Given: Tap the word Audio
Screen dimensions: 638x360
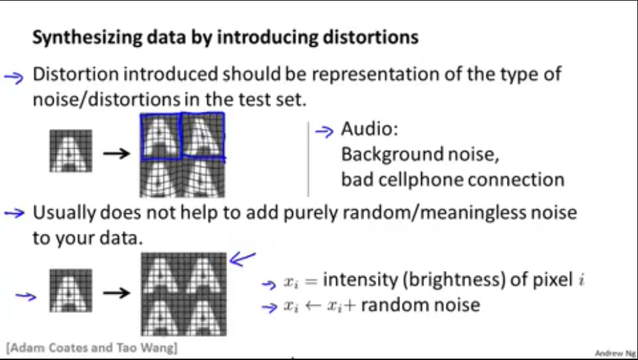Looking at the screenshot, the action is [369, 130].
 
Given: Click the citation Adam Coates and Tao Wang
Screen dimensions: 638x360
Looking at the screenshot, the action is [92, 348].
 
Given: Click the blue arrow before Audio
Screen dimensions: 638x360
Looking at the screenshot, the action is [323, 130].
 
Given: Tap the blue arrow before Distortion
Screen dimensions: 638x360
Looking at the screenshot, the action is [14, 76].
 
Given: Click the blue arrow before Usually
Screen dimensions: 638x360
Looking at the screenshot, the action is [14, 213].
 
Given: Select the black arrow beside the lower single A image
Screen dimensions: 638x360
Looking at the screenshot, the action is [115, 293].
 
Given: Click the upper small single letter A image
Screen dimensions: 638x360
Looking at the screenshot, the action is [71, 151].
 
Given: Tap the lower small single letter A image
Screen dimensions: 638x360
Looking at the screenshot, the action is [71, 291].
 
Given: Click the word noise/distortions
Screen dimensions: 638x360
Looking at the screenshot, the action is [107, 99].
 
